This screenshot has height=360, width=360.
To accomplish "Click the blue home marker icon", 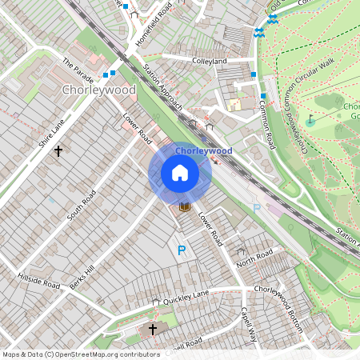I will tap(180, 173).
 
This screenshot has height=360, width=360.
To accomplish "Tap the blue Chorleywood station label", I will tap(203, 150).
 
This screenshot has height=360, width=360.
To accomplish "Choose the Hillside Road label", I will tap(38, 280).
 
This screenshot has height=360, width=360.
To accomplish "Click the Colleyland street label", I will tap(210, 60).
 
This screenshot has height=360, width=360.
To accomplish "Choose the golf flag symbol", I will tap(311, 121).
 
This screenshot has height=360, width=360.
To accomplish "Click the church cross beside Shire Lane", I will tap(58, 150).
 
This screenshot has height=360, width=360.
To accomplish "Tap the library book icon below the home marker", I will tap(185, 207).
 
